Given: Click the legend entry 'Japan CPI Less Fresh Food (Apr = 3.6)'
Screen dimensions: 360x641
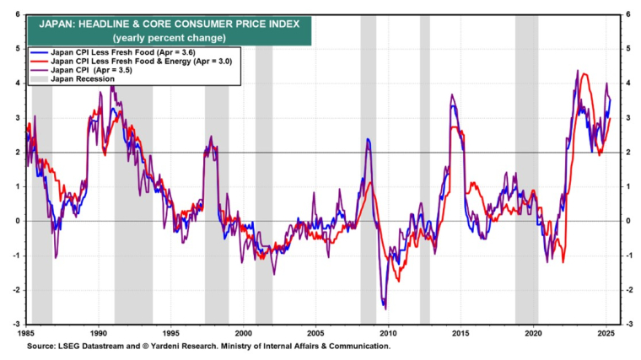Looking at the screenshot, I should coord(137,53).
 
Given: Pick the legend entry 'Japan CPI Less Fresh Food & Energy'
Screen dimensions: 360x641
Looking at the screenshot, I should coord(140,62).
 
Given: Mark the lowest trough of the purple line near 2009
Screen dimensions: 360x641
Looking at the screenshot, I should coord(385,309).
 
